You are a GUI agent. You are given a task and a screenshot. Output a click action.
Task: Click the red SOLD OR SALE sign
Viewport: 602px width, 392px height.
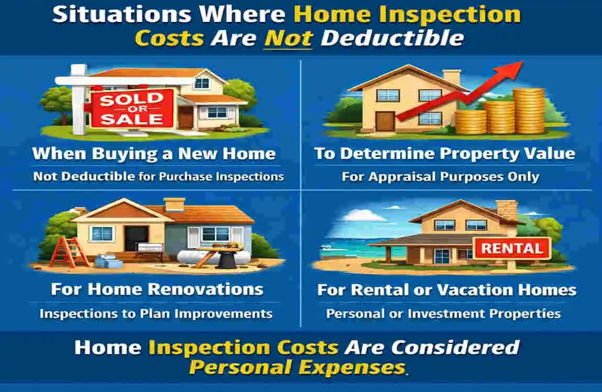coord(132,108)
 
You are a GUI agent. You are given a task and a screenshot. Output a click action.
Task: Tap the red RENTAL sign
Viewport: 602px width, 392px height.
coord(512,248)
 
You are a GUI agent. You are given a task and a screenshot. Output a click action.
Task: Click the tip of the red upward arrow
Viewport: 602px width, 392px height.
coord(522,62)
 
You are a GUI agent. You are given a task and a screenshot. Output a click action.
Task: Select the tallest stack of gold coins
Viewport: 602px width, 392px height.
coord(529,111)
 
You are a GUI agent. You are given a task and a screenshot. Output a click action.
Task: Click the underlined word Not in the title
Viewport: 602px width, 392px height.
coord(289,38)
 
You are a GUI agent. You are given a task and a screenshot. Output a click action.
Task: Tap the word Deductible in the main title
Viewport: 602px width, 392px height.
coord(393,38)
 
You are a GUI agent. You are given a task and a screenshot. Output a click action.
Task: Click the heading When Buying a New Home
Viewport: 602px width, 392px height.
coord(154,154)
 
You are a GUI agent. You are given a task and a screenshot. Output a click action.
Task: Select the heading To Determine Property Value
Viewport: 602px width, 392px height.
coord(444,154)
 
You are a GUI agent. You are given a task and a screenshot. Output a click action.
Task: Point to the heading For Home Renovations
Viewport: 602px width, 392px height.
coord(157,290)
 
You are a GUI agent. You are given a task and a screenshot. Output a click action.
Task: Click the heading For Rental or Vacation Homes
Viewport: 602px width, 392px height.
coord(447,290)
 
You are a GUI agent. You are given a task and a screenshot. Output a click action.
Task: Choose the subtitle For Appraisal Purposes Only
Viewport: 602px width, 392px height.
coord(440,177)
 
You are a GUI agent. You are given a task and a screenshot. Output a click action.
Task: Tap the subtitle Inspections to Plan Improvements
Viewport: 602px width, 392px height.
coord(156,314)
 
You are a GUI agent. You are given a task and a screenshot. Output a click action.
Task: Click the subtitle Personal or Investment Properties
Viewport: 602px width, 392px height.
coord(443,314)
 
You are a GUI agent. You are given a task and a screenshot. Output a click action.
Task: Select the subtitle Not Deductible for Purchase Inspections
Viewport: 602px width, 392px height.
coord(158,176)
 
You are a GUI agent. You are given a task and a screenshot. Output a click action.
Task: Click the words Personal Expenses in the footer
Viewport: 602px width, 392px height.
coord(297,367)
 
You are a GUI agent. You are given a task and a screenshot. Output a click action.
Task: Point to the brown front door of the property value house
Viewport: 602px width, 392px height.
coord(385,122)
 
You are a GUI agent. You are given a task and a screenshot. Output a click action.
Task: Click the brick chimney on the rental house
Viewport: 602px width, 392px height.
coord(507,210)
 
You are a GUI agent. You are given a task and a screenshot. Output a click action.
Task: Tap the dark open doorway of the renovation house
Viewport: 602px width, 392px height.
coord(136,238)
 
